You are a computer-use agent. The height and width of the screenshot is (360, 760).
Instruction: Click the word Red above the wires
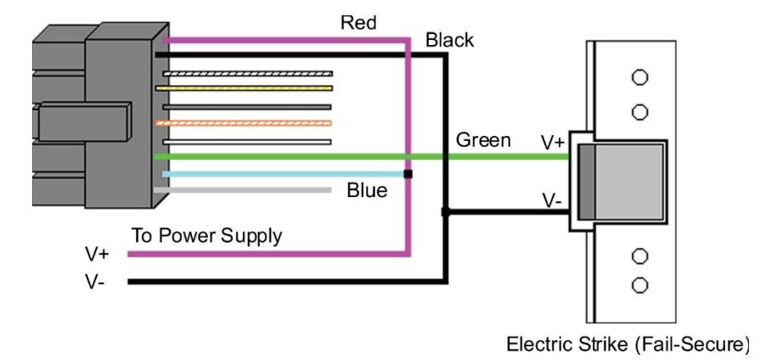pyautogui.click(x=358, y=23)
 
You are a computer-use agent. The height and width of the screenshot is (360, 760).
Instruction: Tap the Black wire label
pyautogui.click(x=449, y=40)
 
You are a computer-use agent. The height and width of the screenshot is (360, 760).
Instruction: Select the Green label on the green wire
pyautogui.click(x=483, y=140)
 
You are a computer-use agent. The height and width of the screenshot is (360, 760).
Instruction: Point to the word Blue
pyautogui.click(x=367, y=190)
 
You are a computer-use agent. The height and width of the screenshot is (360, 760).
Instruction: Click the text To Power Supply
pyautogui.click(x=206, y=236)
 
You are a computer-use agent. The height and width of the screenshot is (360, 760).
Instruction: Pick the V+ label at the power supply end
pyautogui.click(x=97, y=254)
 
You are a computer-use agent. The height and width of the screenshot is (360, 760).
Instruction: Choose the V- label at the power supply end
pyautogui.click(x=94, y=282)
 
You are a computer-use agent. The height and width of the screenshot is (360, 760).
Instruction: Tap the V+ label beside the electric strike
pyautogui.click(x=553, y=143)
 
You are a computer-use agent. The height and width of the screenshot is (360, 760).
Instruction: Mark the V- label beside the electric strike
pyautogui.click(x=552, y=200)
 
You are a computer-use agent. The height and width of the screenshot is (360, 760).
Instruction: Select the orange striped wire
pyautogui.click(x=244, y=123)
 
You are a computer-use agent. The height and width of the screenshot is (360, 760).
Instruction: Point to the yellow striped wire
pyautogui.click(x=244, y=88)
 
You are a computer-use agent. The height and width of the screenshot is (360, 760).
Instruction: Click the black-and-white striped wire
pyautogui.click(x=248, y=74)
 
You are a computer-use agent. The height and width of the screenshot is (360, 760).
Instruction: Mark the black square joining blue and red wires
pyautogui.click(x=408, y=174)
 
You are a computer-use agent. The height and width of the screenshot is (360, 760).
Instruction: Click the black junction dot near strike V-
pyautogui.click(x=446, y=211)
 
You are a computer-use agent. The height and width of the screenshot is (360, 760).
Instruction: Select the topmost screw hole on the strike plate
pyautogui.click(x=639, y=77)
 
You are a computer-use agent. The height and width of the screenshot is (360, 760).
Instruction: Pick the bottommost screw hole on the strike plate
pyautogui.click(x=639, y=285)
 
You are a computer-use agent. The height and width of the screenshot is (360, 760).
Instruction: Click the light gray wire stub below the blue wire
pyautogui.click(x=242, y=190)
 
